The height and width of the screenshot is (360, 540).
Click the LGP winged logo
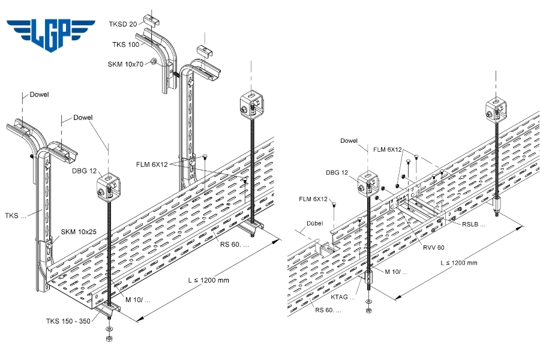point(51,33)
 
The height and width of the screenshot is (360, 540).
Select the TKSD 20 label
point(123,24)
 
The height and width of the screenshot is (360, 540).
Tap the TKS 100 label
point(125,44)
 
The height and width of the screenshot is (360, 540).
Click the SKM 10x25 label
point(79,232)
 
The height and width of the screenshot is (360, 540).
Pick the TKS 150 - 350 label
point(68,321)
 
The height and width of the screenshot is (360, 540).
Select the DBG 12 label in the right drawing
point(337,173)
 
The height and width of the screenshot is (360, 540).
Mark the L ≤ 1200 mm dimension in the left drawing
point(207,280)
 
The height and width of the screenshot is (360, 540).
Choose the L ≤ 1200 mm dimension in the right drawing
point(458,263)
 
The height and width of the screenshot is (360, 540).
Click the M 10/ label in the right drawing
point(397,272)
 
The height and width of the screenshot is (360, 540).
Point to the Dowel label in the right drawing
point(349,141)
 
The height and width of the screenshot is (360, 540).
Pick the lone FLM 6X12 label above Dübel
point(312,199)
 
